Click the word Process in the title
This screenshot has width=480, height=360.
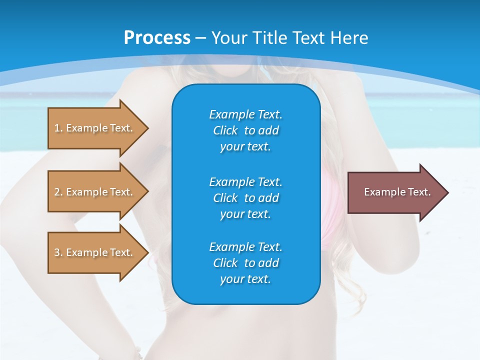157,38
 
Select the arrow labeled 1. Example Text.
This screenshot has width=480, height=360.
95,128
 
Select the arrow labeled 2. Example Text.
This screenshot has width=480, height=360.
95,192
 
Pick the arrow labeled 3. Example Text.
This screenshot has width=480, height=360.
95,252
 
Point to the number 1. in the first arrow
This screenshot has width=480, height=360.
58,128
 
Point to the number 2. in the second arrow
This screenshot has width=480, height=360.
58,192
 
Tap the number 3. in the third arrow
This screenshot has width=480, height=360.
58,252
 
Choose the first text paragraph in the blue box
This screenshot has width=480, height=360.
245,130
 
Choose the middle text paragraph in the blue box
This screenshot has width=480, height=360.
245,197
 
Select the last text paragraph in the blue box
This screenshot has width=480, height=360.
245,263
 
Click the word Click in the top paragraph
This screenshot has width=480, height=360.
225,130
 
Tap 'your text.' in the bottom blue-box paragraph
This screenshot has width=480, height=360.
245,279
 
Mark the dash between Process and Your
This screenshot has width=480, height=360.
201,38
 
